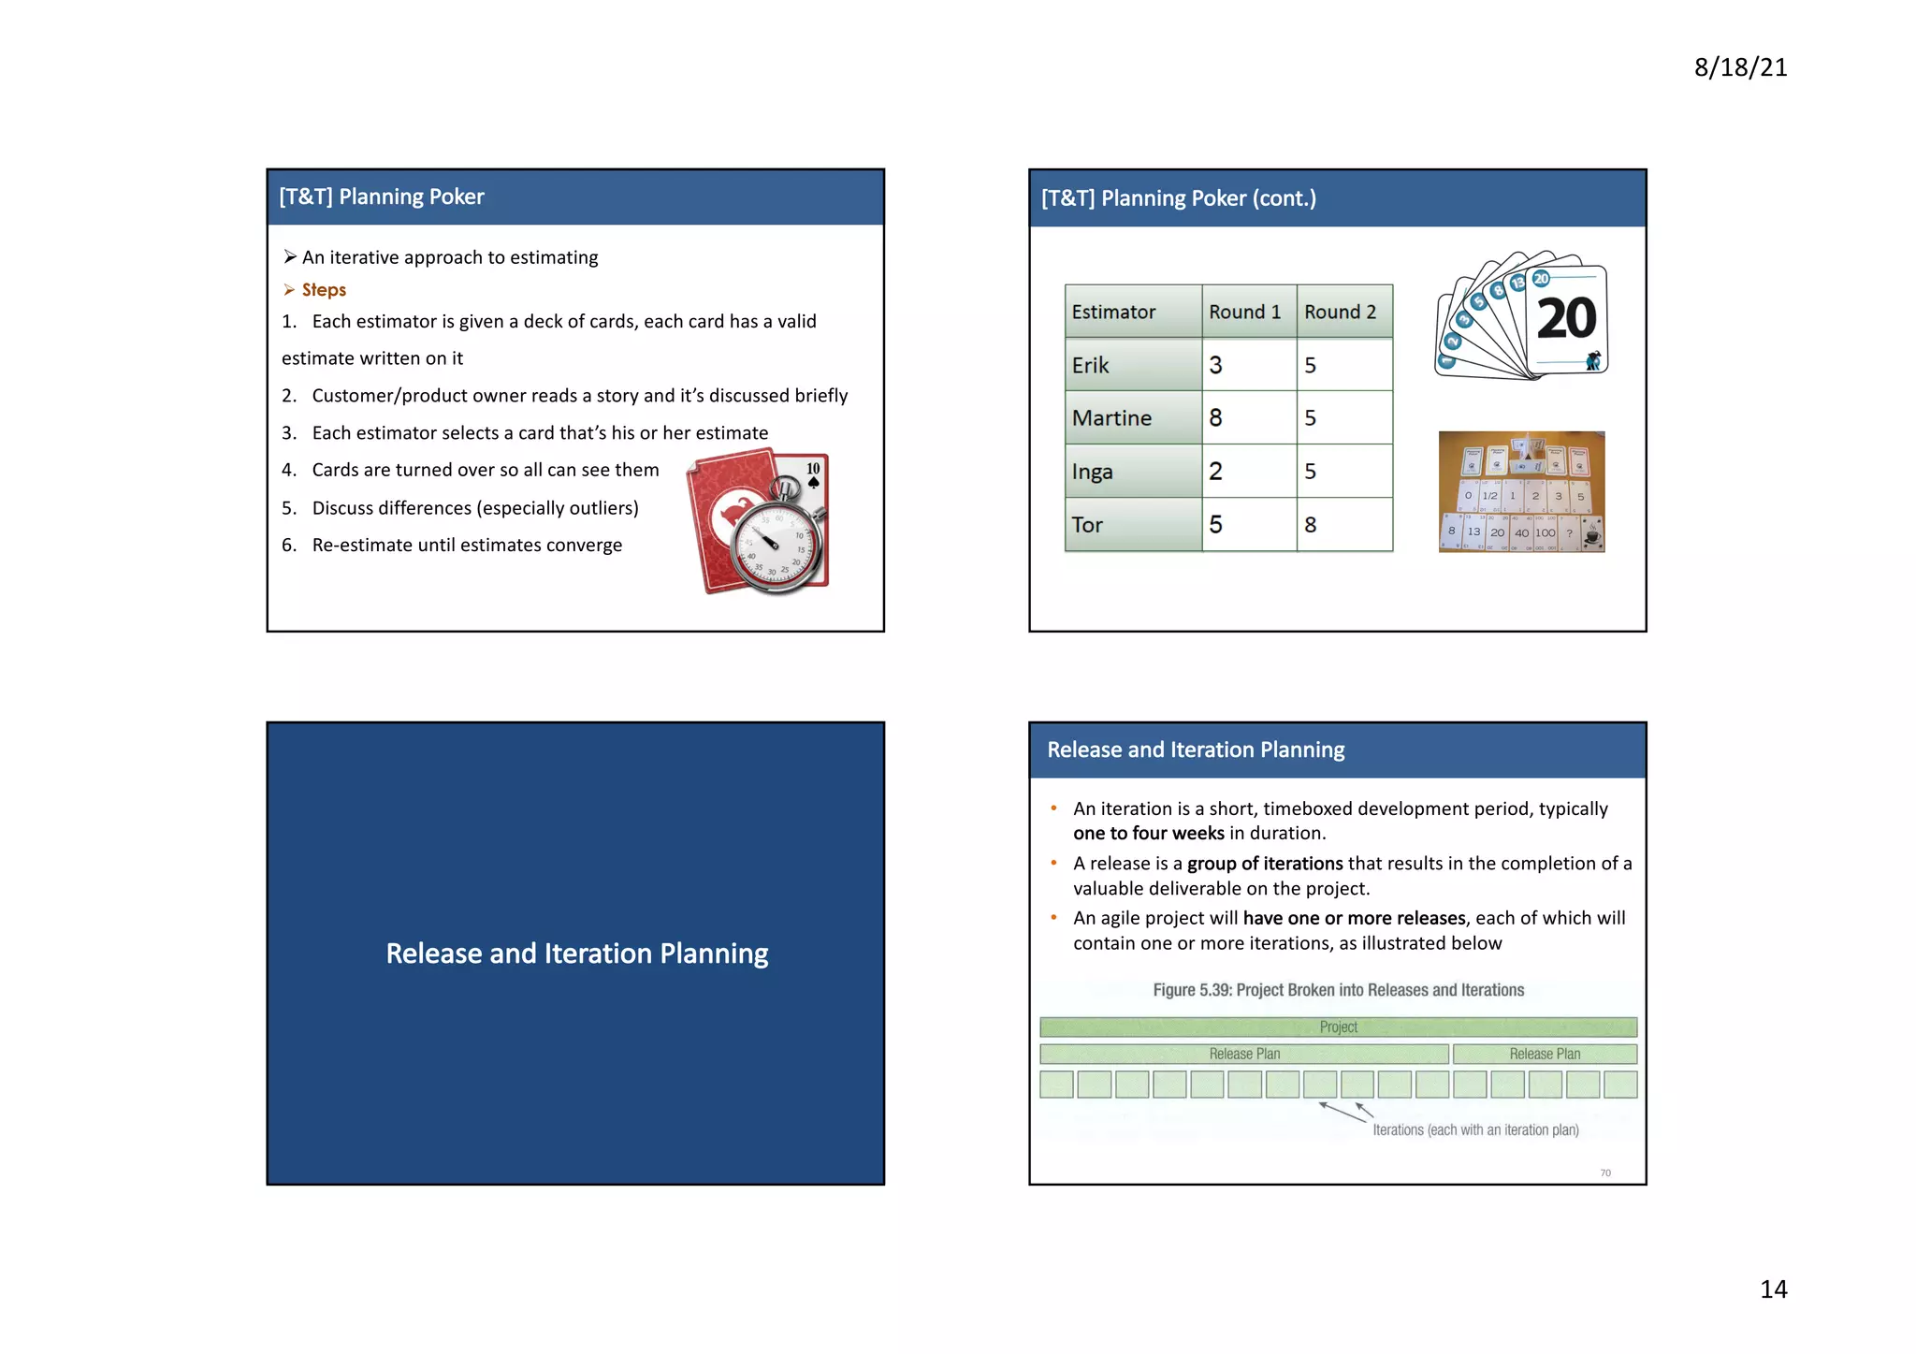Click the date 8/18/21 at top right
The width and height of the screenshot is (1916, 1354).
pyautogui.click(x=1739, y=67)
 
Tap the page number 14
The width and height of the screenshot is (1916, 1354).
pyautogui.click(x=1772, y=1288)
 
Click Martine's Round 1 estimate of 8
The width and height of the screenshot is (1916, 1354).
pyautogui.click(x=1215, y=417)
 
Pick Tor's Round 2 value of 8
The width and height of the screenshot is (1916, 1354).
pyautogui.click(x=1310, y=525)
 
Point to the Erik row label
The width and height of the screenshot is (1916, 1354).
pyautogui.click(x=1091, y=365)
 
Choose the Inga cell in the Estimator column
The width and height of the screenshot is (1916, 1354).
pyautogui.click(x=1093, y=472)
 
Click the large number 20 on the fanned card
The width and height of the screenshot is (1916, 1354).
pyautogui.click(x=1565, y=319)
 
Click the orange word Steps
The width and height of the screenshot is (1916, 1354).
pyautogui.click(x=324, y=290)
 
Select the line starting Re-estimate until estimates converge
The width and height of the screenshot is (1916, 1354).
pyautogui.click(x=466, y=545)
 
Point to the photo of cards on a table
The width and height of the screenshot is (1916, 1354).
pyautogui.click(x=1521, y=492)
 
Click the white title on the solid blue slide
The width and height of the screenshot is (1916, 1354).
pyautogui.click(x=576, y=953)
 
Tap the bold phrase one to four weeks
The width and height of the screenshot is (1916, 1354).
pyautogui.click(x=1148, y=833)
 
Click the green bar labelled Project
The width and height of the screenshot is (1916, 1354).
pyautogui.click(x=1338, y=1026)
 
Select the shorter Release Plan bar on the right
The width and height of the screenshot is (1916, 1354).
pyautogui.click(x=1544, y=1054)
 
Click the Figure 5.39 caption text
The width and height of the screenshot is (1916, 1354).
pyautogui.click(x=1338, y=990)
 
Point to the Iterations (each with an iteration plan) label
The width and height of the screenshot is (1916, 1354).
pyautogui.click(x=1474, y=1129)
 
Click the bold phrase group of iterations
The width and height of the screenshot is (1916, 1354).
pyautogui.click(x=1264, y=863)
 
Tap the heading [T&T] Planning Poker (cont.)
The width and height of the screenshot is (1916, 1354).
pyautogui.click(x=1178, y=198)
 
